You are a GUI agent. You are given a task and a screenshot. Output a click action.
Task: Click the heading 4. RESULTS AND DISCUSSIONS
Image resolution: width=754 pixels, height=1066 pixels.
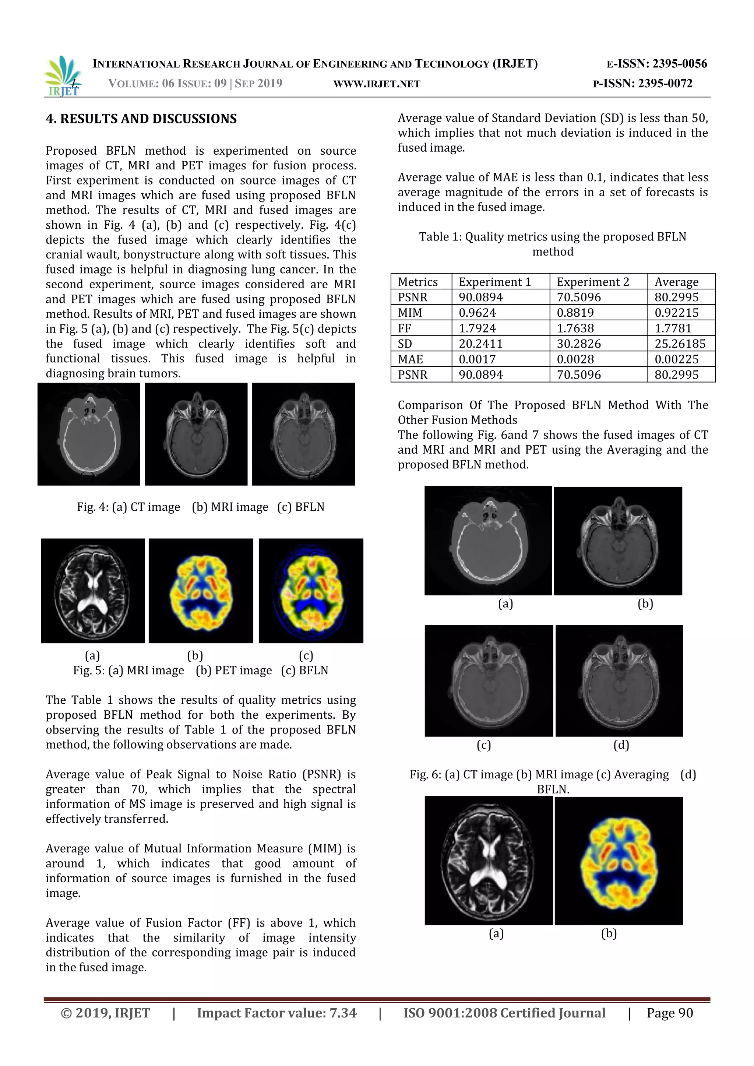tap(141, 119)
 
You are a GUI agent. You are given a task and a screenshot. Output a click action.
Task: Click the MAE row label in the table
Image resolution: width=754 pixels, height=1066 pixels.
tap(411, 359)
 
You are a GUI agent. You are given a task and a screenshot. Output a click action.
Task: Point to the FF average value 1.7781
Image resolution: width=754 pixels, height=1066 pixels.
tap(673, 328)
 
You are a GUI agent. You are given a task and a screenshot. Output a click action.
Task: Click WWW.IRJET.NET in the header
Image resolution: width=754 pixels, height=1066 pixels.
tap(377, 84)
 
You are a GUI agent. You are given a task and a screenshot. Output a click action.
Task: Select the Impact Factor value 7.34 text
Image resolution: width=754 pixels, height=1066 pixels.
tap(277, 1013)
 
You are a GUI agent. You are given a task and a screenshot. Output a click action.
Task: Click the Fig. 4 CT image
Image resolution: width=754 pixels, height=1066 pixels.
tap(89, 434)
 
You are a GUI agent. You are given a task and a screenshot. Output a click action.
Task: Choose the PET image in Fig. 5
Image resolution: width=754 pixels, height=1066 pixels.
tap(201, 591)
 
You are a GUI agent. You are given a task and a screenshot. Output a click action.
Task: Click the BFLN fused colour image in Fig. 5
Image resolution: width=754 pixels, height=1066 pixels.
tap(311, 591)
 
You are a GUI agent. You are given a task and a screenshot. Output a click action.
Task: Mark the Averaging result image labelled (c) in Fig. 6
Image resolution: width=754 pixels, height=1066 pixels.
tap(489, 680)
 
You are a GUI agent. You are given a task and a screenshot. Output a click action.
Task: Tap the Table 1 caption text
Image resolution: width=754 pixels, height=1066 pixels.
tap(553, 244)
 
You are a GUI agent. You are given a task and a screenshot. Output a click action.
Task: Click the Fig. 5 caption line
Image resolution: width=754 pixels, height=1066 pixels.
tap(201, 671)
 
